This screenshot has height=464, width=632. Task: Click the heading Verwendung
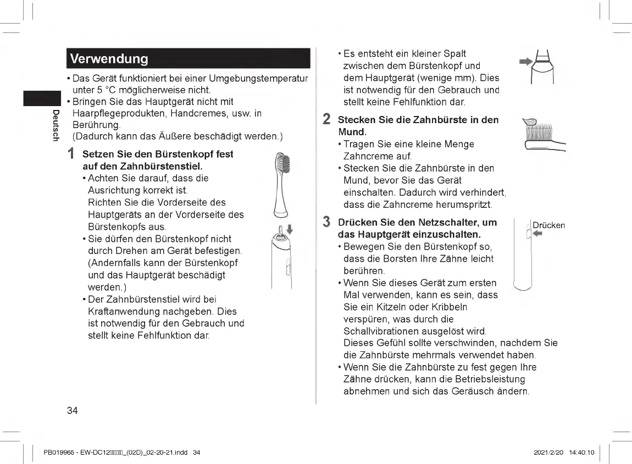[x=109, y=59]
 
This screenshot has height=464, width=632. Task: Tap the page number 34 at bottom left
[x=72, y=411]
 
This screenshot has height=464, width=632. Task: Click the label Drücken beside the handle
[x=548, y=225]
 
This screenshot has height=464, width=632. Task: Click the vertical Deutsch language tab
[x=56, y=125]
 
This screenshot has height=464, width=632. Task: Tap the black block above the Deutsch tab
[x=41, y=99]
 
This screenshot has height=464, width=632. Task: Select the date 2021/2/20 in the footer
[x=546, y=452]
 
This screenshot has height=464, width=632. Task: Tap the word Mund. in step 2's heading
[x=352, y=132]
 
